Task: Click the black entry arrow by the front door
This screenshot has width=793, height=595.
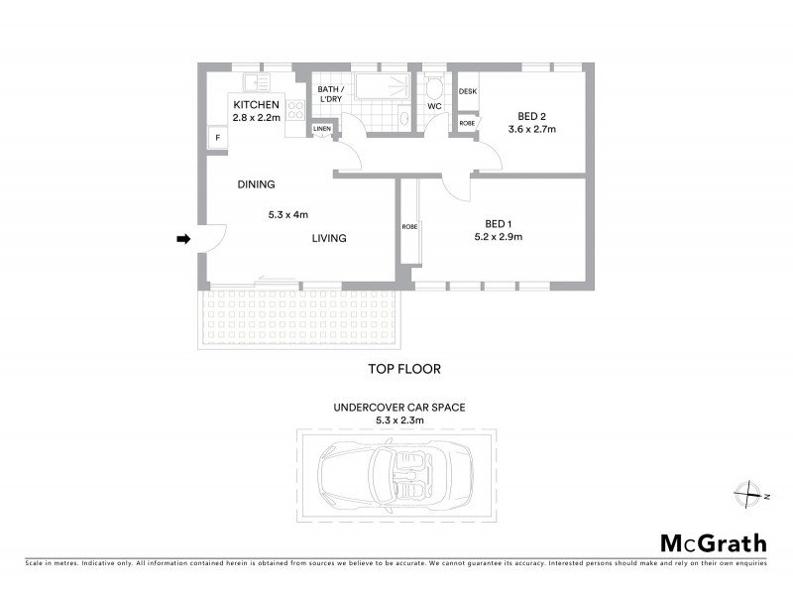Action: tap(183, 239)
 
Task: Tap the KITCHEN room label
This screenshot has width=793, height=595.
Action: tap(257, 104)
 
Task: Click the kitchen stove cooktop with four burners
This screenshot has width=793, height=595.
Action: tap(294, 110)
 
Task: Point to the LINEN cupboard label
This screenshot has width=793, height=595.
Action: tap(322, 129)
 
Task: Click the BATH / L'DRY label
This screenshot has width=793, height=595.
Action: tap(329, 94)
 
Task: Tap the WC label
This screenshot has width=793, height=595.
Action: tap(434, 106)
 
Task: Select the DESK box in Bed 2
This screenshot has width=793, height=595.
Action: tap(468, 91)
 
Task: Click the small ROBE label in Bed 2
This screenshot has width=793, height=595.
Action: tap(467, 123)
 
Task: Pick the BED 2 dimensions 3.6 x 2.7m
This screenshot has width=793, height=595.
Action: tap(532, 129)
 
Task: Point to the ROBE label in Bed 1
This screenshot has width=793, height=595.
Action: tap(409, 227)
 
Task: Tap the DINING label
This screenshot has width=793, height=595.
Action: tap(256, 184)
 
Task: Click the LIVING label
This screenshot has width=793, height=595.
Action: tap(329, 238)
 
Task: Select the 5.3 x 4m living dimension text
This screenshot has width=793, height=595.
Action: tap(288, 213)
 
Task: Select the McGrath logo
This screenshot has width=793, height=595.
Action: tap(714, 542)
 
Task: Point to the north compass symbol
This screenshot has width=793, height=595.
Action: tap(746, 492)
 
